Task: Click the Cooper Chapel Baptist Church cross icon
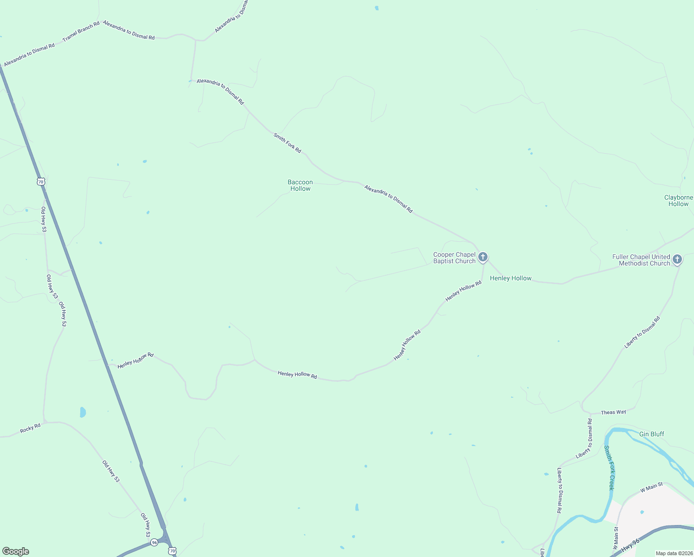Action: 483,257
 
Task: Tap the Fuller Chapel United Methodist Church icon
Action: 677,259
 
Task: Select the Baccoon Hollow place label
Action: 300,185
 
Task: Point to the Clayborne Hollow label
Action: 678,201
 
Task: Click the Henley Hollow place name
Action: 510,278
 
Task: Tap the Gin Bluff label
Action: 651,434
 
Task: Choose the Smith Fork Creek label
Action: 609,467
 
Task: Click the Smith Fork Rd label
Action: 287,143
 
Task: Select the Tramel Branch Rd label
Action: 81,32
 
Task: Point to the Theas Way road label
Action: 613,412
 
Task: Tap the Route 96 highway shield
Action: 154,542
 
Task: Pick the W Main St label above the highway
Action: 651,487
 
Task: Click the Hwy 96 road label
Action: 630,545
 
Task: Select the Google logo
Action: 16,551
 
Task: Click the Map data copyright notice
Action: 674,553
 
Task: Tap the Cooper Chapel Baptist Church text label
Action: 454,258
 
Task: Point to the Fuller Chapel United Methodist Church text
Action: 641,260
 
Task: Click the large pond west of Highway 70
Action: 83,412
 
